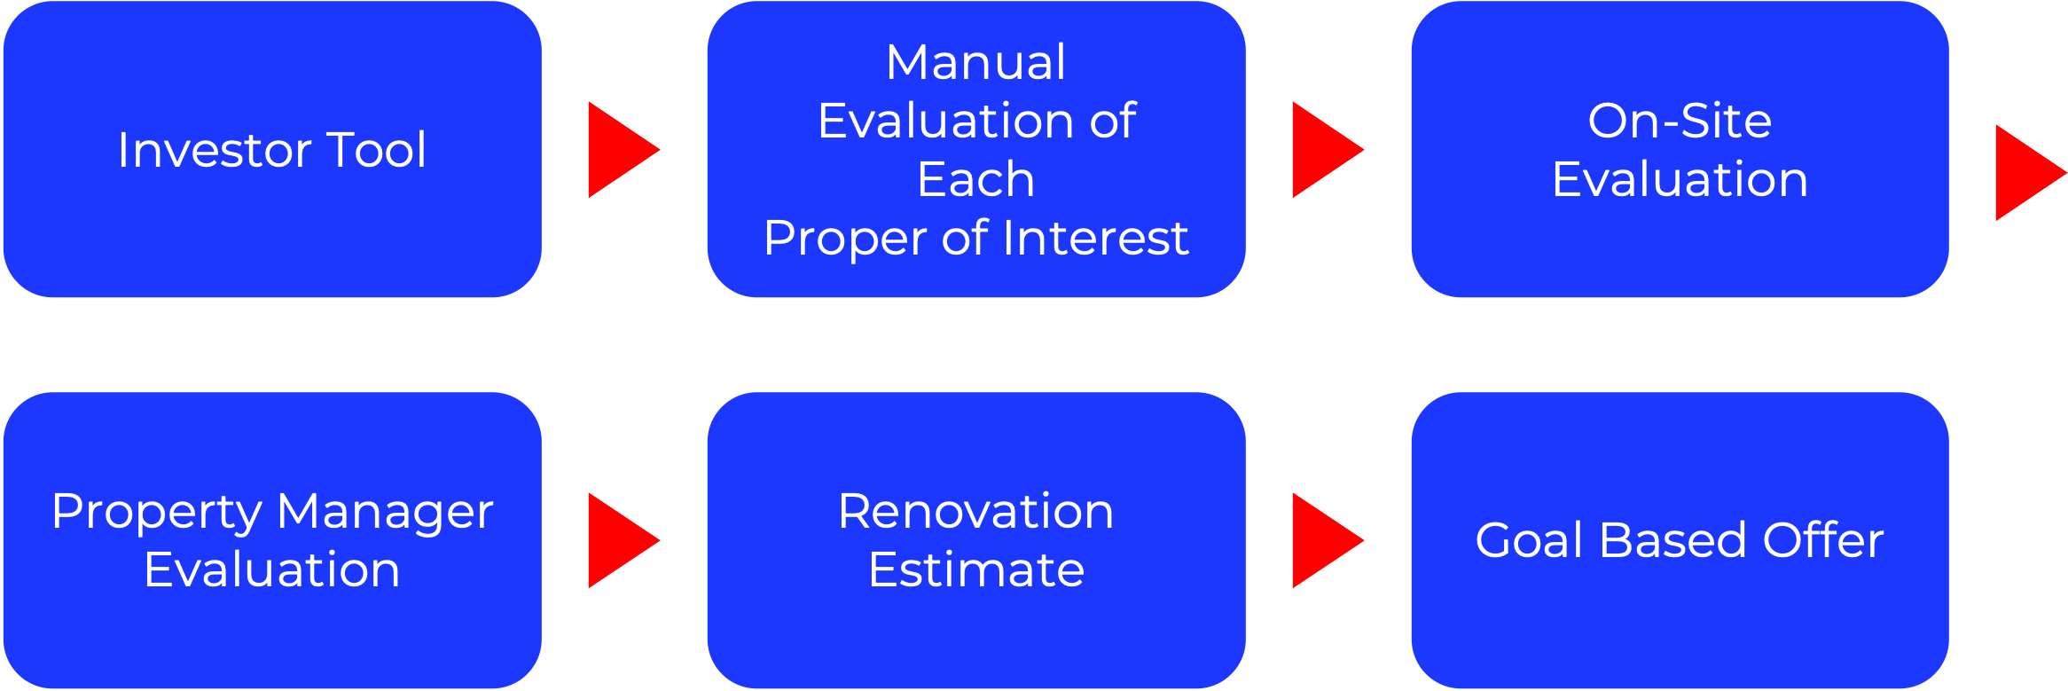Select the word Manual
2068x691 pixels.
[x=975, y=62]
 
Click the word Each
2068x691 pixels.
[x=975, y=179]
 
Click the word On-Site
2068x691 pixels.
[x=1680, y=121]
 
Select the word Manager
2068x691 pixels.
[x=385, y=513]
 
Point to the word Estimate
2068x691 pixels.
[x=975, y=569]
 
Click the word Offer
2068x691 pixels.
[x=1823, y=540]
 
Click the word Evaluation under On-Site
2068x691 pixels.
[x=1680, y=179]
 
